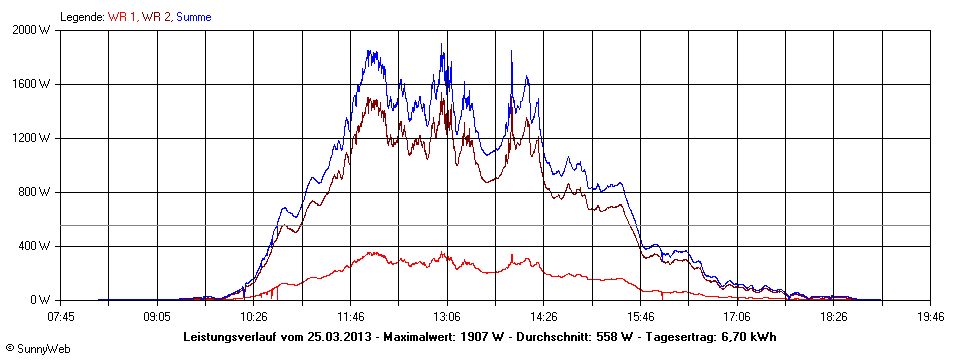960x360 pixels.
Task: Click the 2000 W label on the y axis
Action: click(32, 30)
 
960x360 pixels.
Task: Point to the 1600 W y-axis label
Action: click(32, 84)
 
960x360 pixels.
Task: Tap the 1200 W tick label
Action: click(32, 138)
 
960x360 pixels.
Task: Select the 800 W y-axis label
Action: click(35, 192)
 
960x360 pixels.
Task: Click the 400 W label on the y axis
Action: click(35, 246)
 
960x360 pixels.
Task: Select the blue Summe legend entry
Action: click(193, 17)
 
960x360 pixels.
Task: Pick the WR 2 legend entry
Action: click(157, 17)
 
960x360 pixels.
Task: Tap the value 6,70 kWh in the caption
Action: click(747, 337)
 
